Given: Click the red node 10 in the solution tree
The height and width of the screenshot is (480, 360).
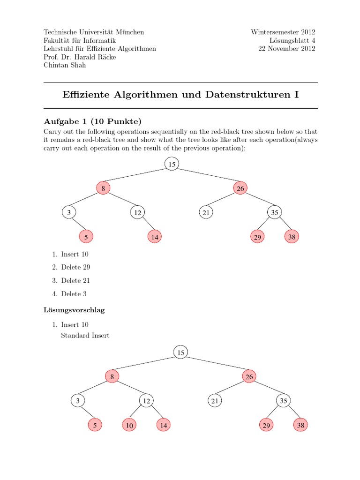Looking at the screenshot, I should pyautogui.click(x=129, y=425).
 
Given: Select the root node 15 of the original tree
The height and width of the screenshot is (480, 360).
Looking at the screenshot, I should pyautogui.click(x=172, y=164).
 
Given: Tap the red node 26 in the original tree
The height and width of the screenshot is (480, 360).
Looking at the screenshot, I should pyautogui.click(x=240, y=188).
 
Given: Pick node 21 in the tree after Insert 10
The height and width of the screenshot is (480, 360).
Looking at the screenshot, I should pyautogui.click(x=215, y=401).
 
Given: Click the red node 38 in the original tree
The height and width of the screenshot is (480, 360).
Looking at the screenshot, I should pyautogui.click(x=292, y=237).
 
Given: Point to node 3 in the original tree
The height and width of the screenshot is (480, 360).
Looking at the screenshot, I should pyautogui.click(x=69, y=213).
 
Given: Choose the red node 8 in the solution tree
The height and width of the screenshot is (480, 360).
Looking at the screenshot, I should pyautogui.click(x=112, y=376).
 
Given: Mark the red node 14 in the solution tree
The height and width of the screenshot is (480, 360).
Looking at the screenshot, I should pyautogui.click(x=163, y=425).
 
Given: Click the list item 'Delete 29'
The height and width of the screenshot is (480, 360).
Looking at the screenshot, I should pyautogui.click(x=75, y=267).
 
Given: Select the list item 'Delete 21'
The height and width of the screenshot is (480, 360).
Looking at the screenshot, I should pyautogui.click(x=75, y=280).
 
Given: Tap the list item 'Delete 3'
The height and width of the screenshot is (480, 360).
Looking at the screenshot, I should pyautogui.click(x=74, y=294).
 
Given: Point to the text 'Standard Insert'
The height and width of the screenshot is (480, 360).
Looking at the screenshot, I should pyautogui.click(x=85, y=336).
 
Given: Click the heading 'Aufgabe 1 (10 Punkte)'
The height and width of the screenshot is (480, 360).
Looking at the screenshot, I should pyautogui.click(x=92, y=121).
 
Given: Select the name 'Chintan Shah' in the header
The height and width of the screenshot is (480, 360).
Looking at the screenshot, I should pyautogui.click(x=65, y=66).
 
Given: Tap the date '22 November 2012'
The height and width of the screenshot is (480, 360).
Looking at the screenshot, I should pyautogui.click(x=287, y=49).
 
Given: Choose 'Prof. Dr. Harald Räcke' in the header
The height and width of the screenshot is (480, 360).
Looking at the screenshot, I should pyautogui.click(x=80, y=57).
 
